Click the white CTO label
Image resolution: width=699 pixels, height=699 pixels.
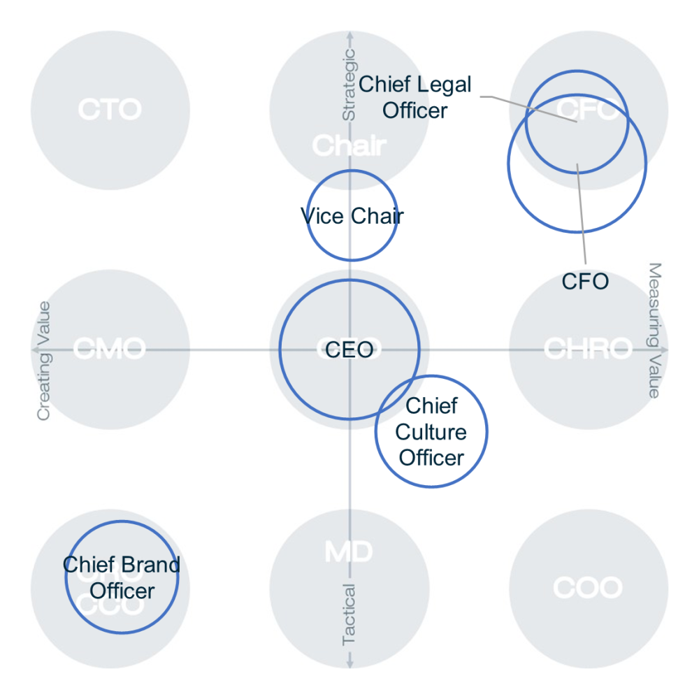tap(110, 110)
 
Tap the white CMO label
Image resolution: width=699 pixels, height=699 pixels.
tap(110, 348)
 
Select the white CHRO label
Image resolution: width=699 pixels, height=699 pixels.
tap(588, 348)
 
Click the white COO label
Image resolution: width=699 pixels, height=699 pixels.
tap(588, 588)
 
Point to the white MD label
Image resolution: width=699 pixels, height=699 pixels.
tap(349, 552)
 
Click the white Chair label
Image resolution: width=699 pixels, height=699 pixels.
tap(349, 146)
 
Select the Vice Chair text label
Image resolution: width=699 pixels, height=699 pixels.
tap(352, 216)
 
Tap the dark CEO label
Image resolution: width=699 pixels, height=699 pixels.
tap(349, 349)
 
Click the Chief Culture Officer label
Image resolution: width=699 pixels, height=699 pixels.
tap(431, 432)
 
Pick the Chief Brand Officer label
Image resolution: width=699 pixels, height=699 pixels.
tap(122, 577)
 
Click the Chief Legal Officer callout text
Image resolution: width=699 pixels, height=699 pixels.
tap(415, 97)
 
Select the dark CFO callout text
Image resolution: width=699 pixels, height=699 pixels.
tap(585, 282)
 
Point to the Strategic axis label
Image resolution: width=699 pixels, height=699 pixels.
tap(348, 84)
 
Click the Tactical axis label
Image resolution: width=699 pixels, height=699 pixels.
tap(348, 614)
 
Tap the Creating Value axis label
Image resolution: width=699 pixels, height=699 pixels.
tap(44, 360)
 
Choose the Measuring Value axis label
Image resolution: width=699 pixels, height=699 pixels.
tap(654, 330)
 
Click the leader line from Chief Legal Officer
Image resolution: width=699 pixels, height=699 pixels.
tap(531, 108)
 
